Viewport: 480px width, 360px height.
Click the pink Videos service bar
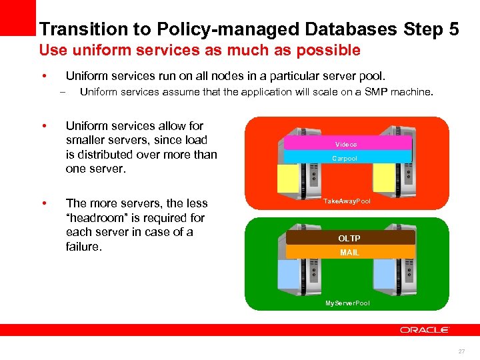347,143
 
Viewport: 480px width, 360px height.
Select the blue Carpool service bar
347,158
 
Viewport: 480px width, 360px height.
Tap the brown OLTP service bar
349,238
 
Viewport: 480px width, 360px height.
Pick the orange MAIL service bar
349,252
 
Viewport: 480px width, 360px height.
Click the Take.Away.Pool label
347,201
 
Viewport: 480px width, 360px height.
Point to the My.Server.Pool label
347,303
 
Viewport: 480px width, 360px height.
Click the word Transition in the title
73,29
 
